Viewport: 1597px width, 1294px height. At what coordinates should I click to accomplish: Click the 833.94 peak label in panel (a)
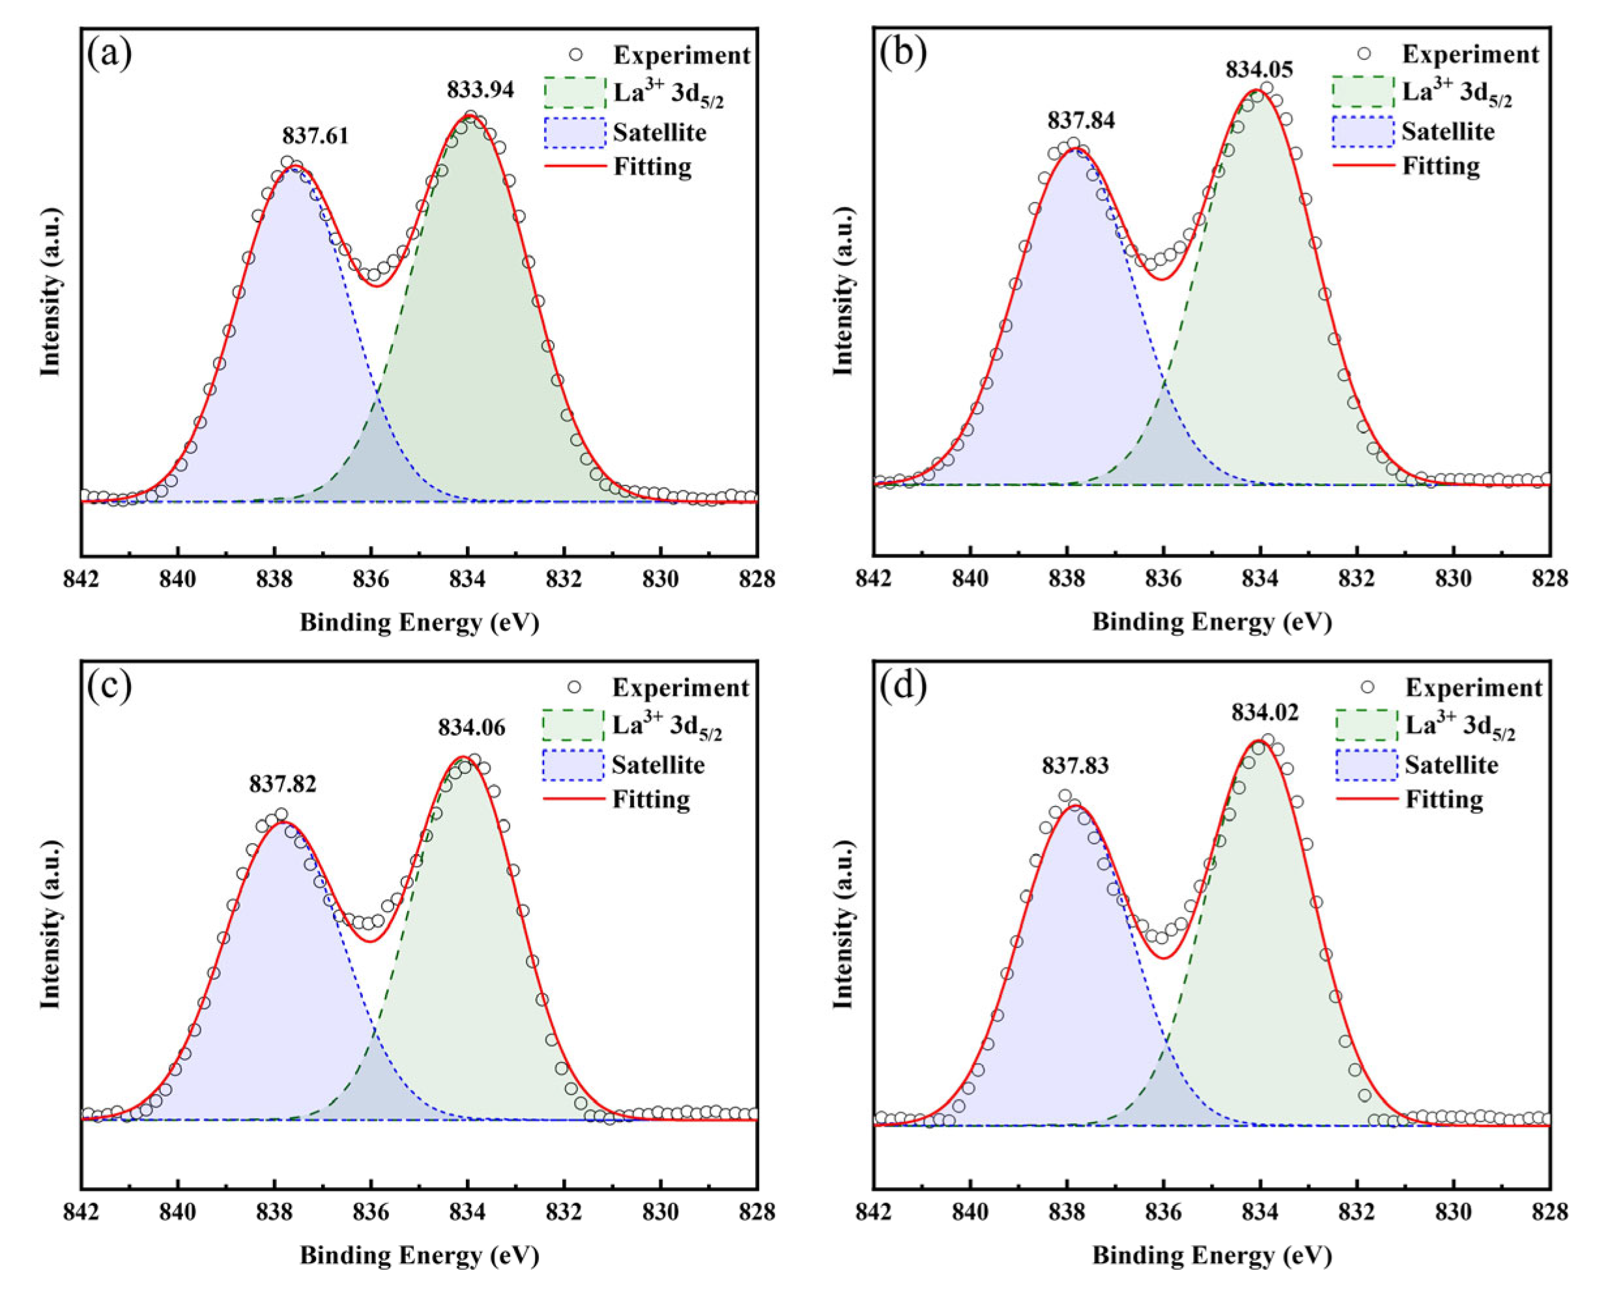480,90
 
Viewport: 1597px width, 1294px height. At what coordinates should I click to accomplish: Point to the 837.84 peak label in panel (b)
1080,121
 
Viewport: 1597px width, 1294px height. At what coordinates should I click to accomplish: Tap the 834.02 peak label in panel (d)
1264,713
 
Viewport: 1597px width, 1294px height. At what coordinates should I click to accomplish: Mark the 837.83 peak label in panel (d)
1074,766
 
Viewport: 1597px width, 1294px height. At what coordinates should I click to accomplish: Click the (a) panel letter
109,53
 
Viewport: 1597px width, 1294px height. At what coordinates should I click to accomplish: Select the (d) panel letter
903,687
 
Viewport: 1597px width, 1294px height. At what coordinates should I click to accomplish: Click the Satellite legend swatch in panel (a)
574,132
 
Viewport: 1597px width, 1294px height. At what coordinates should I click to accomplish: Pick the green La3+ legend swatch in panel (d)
1366,725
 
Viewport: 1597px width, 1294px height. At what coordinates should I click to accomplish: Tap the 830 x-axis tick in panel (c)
660,1212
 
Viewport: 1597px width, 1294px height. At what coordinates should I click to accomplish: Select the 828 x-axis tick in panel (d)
1549,1212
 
